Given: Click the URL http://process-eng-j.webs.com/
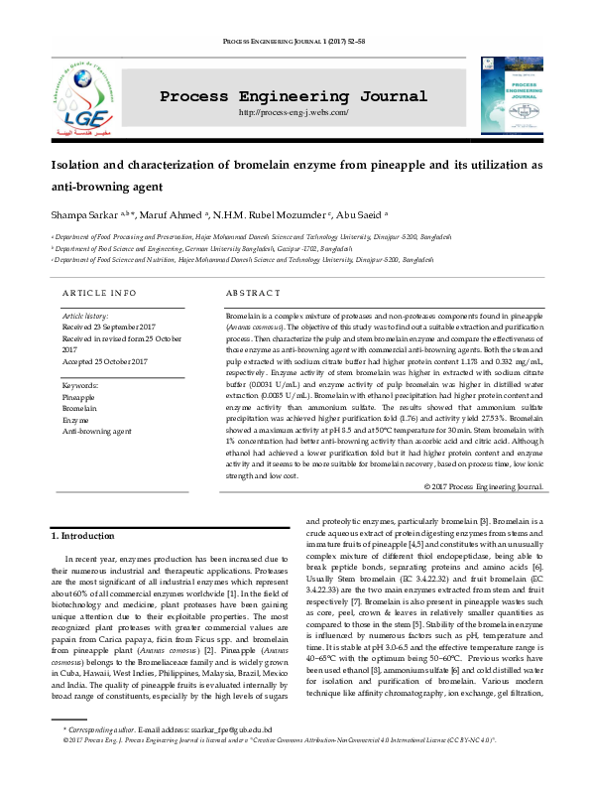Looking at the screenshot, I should click(294, 113).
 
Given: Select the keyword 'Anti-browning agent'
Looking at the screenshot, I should click(96, 432).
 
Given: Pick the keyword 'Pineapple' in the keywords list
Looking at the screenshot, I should click(80, 396).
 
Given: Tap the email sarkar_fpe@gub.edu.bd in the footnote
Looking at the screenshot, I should click(214, 757).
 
